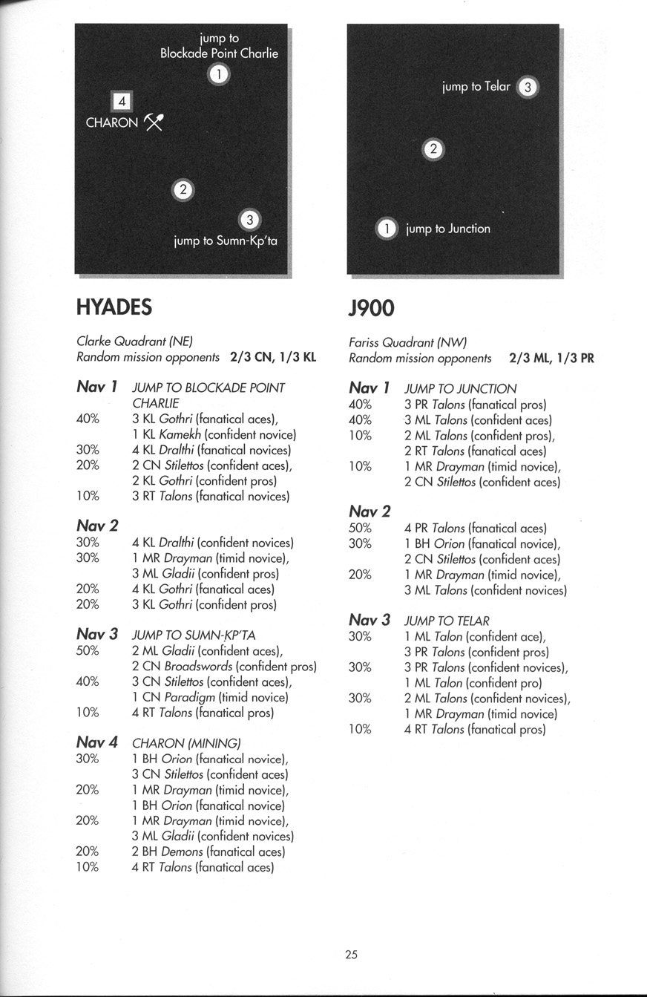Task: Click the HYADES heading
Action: pyautogui.click(x=114, y=307)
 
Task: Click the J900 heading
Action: pyautogui.click(x=372, y=307)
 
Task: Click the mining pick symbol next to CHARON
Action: pyautogui.click(x=154, y=122)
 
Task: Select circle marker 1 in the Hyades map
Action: pyautogui.click(x=219, y=73)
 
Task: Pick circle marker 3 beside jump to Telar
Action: pyautogui.click(x=527, y=87)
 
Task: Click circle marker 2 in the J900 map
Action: pyautogui.click(x=433, y=150)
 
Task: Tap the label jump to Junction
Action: pyautogui.click(x=447, y=229)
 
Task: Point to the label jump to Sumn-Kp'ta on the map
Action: pyautogui.click(x=225, y=241)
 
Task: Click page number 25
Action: pyautogui.click(x=351, y=955)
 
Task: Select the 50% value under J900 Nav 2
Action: pyautogui.click(x=360, y=528)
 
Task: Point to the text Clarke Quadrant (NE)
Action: pyautogui.click(x=134, y=341)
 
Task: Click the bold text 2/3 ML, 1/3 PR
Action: pyautogui.click(x=551, y=358)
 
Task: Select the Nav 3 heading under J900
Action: pyautogui.click(x=369, y=620)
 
